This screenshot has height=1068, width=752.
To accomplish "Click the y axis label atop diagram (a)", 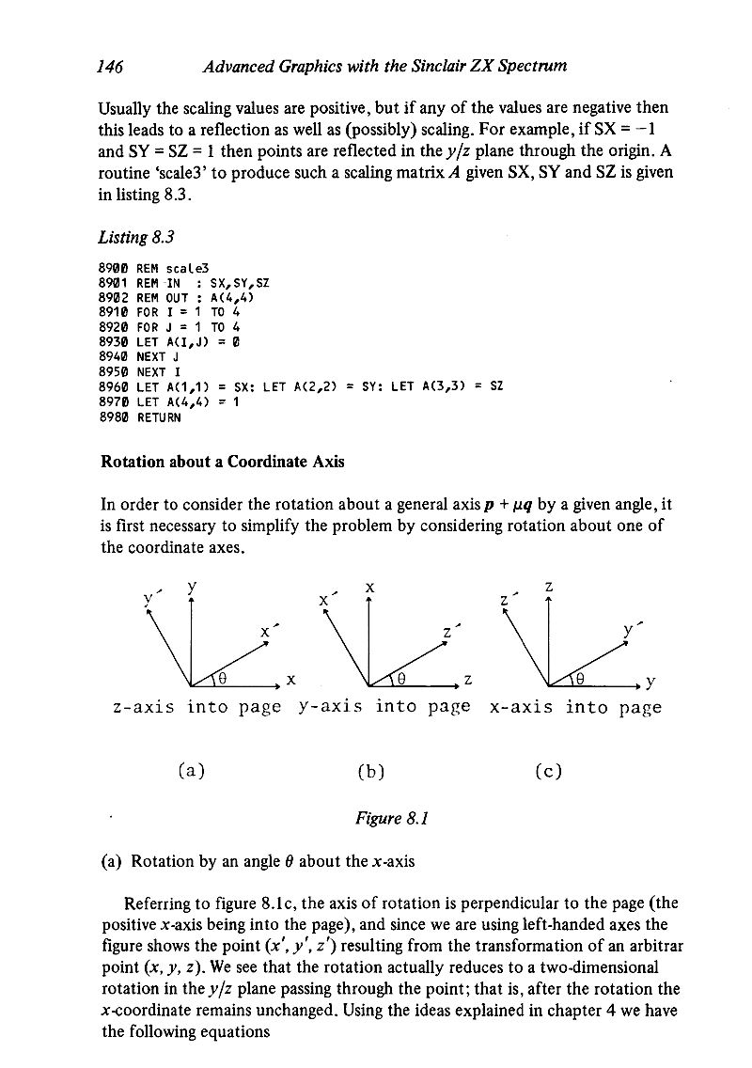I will pyautogui.click(x=192, y=587).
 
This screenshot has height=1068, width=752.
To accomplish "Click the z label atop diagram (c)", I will pyautogui.click(x=549, y=587).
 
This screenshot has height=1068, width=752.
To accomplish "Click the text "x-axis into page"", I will pyautogui.click(x=575, y=707).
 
